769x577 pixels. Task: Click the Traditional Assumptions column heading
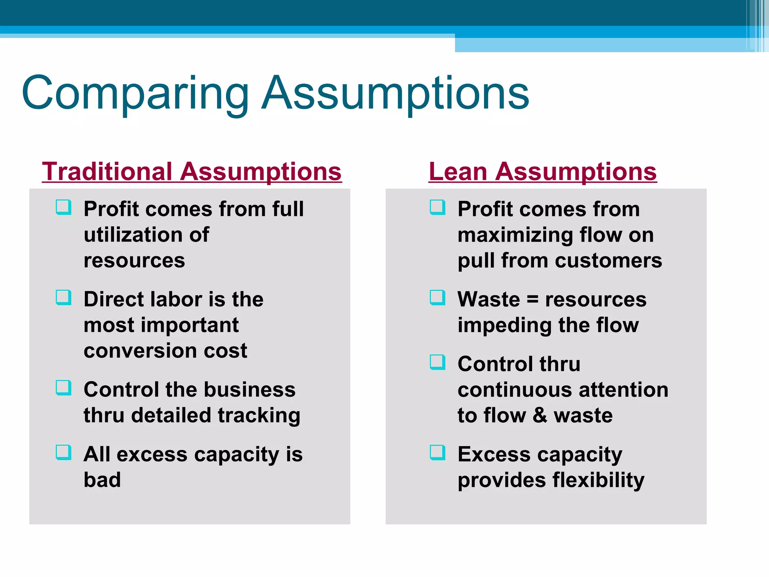coord(191,172)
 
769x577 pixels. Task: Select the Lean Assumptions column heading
coord(543,172)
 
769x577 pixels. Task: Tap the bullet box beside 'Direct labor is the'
coord(63,298)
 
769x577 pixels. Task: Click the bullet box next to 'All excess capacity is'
coord(63,452)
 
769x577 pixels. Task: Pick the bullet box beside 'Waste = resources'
coord(437,298)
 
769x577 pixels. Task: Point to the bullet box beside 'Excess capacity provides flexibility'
coord(437,452)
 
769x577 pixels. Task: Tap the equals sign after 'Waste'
coord(532,300)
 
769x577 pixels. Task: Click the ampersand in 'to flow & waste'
coord(540,415)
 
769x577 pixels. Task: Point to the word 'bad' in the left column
coord(102,480)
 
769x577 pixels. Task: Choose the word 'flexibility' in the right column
coord(598,480)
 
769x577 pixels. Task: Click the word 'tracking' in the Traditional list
coord(259,415)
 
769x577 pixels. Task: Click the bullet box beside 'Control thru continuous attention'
coord(437,362)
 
